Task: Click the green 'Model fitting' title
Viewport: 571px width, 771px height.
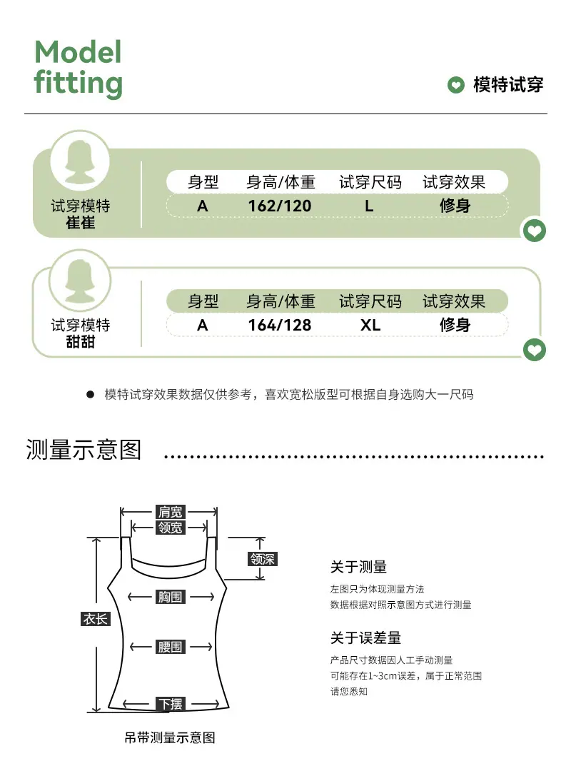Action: pyautogui.click(x=79, y=69)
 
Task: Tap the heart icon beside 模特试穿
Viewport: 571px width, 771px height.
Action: pyautogui.click(x=456, y=84)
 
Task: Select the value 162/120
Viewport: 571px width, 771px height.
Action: pyautogui.click(x=279, y=206)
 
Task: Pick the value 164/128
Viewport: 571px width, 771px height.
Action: pyautogui.click(x=279, y=325)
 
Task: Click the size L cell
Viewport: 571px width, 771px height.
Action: pyautogui.click(x=369, y=206)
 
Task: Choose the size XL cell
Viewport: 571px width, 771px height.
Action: pyautogui.click(x=370, y=325)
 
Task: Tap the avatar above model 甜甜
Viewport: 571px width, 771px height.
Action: pyautogui.click(x=80, y=281)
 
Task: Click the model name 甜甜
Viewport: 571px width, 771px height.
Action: pyautogui.click(x=81, y=342)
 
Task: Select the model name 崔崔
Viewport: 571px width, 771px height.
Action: pyautogui.click(x=81, y=223)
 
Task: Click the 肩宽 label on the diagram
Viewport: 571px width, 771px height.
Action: pyautogui.click(x=170, y=512)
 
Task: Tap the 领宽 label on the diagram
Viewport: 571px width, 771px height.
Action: pyautogui.click(x=170, y=528)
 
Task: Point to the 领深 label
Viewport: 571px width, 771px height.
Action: pyautogui.click(x=263, y=559)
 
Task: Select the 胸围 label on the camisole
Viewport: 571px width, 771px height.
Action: pyautogui.click(x=170, y=597)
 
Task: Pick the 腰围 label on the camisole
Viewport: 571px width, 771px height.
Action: pyautogui.click(x=170, y=647)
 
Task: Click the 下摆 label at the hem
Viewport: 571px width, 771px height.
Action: pyautogui.click(x=171, y=704)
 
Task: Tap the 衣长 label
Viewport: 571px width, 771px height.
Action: pyautogui.click(x=96, y=618)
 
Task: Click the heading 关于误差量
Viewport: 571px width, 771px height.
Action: pyautogui.click(x=365, y=638)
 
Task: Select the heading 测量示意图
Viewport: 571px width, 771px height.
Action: pyautogui.click(x=84, y=450)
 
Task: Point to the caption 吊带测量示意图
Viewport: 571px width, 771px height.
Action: pyautogui.click(x=170, y=737)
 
